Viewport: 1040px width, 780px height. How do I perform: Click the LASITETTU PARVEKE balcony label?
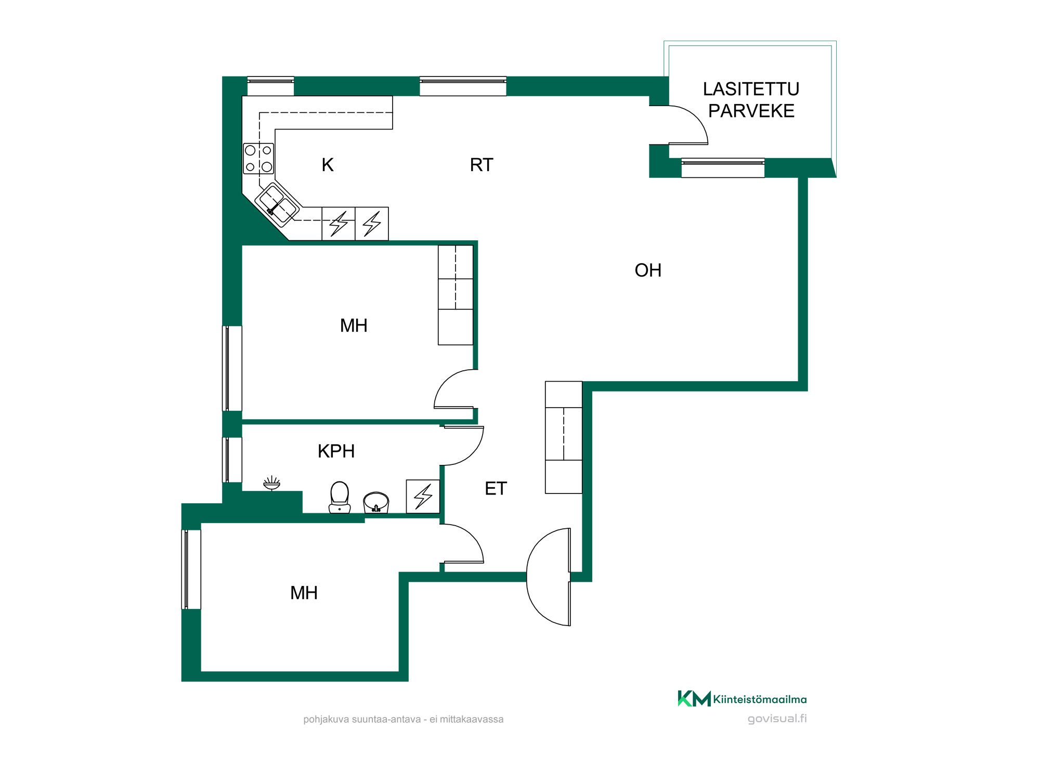tap(751, 100)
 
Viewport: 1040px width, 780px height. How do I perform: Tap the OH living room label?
tap(648, 270)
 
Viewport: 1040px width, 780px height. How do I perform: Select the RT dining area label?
tap(482, 165)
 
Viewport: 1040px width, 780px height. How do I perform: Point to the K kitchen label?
tap(328, 165)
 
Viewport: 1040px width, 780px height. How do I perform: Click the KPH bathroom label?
tap(336, 451)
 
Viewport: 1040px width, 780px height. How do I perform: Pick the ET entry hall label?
tap(496, 488)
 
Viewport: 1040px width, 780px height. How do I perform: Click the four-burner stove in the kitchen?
tap(258, 159)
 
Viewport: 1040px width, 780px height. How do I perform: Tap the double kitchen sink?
tap(278, 204)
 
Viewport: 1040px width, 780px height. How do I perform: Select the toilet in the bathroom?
tap(340, 497)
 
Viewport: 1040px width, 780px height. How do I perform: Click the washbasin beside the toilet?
tap(376, 502)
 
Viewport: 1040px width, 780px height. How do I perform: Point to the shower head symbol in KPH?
tap(271, 483)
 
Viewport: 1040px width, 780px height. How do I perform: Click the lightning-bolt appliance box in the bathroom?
tap(423, 496)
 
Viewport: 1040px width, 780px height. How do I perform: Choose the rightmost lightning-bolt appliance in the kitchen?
tap(372, 224)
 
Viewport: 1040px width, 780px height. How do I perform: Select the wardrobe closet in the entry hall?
tap(564, 437)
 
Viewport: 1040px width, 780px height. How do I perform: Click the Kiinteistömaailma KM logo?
tap(742, 698)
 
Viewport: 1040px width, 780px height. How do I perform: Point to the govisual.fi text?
tap(777, 719)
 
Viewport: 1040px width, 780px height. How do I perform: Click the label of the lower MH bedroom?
tap(304, 593)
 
